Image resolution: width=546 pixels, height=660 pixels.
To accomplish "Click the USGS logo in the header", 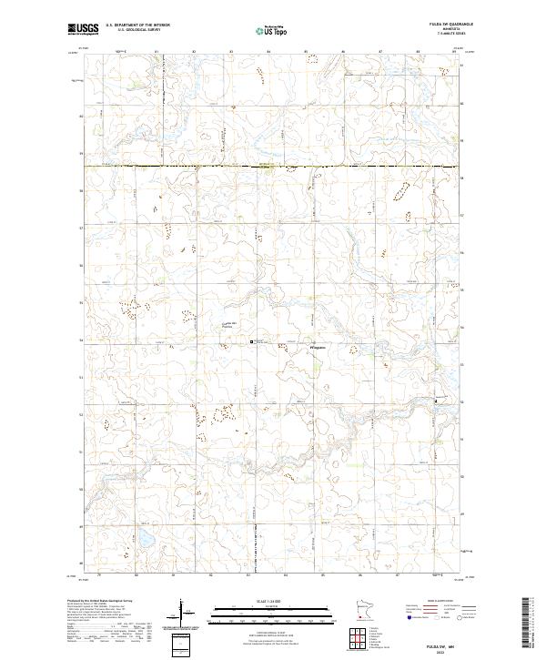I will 83,30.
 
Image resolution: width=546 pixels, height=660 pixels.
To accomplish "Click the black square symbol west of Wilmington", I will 252,341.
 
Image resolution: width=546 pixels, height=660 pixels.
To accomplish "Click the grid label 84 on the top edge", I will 268,52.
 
